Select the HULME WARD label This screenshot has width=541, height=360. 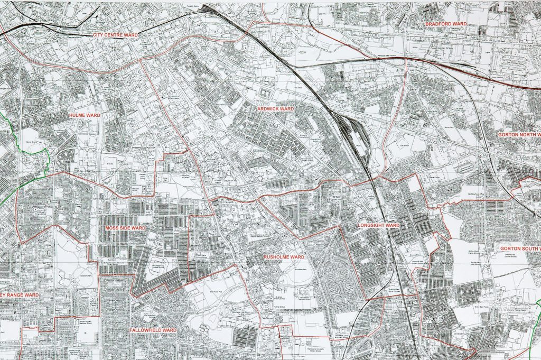click(x=85, y=115)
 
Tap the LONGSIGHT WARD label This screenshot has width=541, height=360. click(x=378, y=225)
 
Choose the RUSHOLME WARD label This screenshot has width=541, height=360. click(x=284, y=257)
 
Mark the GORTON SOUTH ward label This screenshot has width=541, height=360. click(x=520, y=248)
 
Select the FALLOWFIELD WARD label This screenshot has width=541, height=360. click(x=153, y=330)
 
